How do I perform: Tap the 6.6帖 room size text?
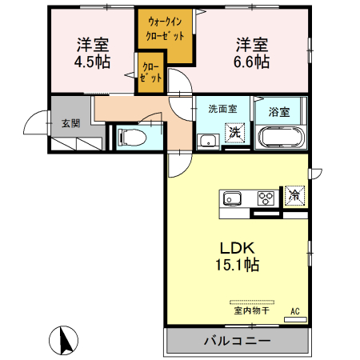click(252, 62)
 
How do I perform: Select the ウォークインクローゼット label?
click(166, 30)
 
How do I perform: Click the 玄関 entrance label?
click(70, 123)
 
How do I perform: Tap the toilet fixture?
click(133, 138)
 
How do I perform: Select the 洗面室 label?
click(222, 108)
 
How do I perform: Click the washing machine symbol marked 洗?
click(235, 133)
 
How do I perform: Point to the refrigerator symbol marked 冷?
click(294, 194)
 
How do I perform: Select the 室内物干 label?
click(251, 311)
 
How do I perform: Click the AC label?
click(294, 310)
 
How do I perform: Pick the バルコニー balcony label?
click(236, 341)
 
